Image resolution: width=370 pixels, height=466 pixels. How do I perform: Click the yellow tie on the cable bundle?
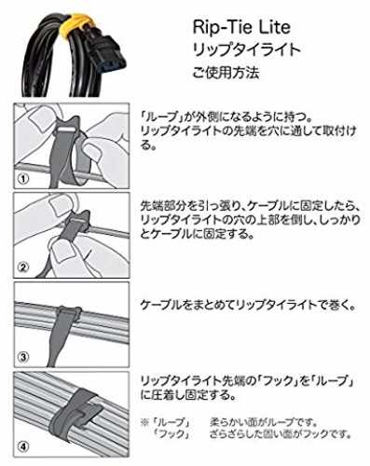[75, 22]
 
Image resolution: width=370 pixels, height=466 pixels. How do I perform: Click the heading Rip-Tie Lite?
[241, 27]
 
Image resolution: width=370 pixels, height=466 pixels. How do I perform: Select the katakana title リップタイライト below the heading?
[247, 50]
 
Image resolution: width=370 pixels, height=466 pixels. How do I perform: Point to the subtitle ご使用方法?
[226, 73]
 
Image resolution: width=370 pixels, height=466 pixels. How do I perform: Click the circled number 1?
[23, 179]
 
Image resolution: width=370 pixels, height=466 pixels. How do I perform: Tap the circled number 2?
[23, 267]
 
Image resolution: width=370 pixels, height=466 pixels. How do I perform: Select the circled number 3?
[23, 357]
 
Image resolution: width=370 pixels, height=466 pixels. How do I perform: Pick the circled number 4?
[23, 446]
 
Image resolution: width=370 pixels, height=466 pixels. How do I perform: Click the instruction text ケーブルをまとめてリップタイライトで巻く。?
[248, 306]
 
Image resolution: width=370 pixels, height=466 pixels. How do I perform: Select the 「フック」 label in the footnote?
[172, 434]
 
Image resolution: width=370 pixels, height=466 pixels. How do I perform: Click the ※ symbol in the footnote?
[145, 423]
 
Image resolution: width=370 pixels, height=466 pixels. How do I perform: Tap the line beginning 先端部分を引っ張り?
[251, 205]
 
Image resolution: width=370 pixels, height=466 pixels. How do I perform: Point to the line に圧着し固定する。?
[187, 395]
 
